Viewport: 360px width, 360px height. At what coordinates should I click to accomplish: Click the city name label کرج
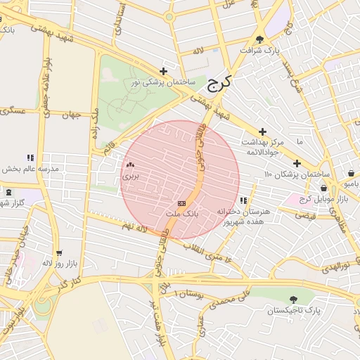219,84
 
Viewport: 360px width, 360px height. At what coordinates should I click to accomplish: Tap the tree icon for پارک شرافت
260,40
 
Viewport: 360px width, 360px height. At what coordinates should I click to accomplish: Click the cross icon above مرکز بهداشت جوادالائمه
262,131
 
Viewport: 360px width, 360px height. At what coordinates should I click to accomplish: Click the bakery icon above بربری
130,166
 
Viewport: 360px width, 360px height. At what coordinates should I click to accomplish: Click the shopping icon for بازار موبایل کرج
323,188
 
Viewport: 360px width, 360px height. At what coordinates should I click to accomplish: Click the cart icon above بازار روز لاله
58,252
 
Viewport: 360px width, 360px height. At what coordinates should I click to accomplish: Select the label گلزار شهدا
12,203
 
